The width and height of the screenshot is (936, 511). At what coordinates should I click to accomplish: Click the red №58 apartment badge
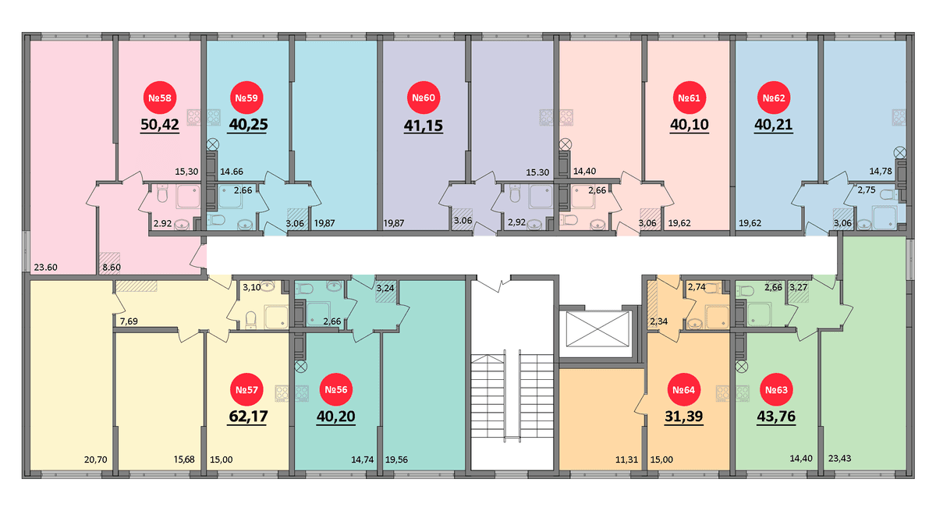pos(160,98)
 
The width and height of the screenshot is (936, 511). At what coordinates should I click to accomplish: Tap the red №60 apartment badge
pos(424,98)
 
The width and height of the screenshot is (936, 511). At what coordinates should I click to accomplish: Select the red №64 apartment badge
pos(683,390)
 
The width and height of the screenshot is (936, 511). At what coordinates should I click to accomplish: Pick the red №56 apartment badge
pos(336,390)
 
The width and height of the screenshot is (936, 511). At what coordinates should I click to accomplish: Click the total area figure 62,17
pos(248,417)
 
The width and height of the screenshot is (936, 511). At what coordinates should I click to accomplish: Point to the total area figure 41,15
pos(424,126)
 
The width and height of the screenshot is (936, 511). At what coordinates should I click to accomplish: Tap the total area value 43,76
pos(776,417)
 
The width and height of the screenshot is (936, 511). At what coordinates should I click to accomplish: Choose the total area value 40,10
pos(690,125)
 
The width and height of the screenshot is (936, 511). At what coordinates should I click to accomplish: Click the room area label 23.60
pos(45,268)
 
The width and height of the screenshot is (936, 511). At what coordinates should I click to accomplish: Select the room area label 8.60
pos(112,268)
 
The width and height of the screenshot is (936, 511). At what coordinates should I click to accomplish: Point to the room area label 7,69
pos(129,321)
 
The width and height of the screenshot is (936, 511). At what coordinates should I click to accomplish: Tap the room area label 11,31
pos(626,460)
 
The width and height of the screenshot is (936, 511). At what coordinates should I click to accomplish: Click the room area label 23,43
pos(839,459)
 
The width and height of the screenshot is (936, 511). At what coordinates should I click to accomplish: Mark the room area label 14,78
pos(881,171)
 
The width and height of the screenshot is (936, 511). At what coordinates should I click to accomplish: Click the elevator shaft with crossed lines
pos(597,329)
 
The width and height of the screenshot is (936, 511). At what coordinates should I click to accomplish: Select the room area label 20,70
pos(96,460)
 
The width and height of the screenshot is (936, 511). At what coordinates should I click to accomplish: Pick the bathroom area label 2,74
pos(697,287)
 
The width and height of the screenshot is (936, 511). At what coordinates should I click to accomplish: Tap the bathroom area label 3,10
pos(251,287)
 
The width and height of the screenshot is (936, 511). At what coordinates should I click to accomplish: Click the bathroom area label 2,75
pos(867,190)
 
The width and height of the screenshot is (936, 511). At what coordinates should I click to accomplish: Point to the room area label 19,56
pos(396,460)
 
